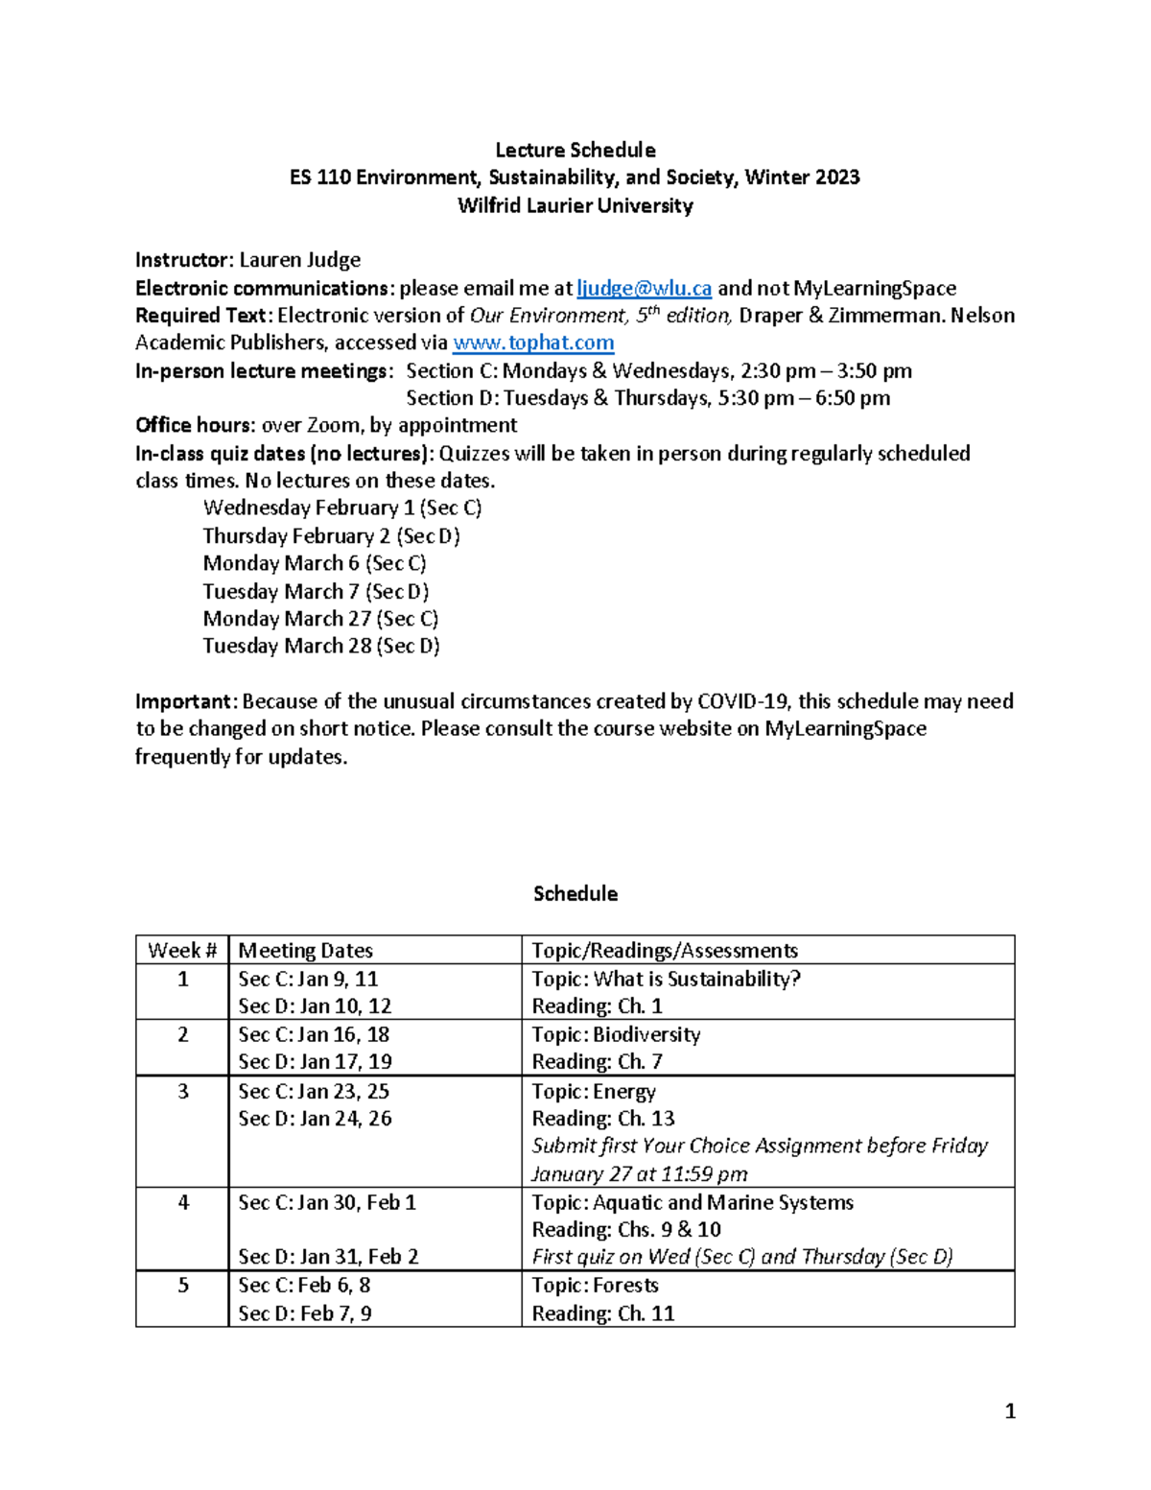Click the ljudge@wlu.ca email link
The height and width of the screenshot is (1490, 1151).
tap(644, 288)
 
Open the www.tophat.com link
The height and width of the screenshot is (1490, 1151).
tap(532, 343)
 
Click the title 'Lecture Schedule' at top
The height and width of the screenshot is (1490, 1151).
tap(575, 150)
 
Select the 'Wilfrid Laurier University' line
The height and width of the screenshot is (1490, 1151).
tap(575, 205)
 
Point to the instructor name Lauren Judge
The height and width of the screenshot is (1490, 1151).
tap(299, 260)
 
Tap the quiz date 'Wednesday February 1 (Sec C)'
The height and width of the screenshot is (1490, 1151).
tap(341, 508)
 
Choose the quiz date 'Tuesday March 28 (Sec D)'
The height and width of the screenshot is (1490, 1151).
tap(320, 646)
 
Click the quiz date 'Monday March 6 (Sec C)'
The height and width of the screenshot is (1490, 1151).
tap(314, 563)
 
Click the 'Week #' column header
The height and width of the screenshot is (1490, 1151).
tap(182, 950)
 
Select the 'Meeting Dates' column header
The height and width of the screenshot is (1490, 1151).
tap(305, 950)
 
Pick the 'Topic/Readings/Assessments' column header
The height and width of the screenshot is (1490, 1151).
tap(664, 950)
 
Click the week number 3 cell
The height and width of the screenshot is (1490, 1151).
tap(182, 1091)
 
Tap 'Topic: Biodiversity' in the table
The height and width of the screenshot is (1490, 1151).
tap(616, 1034)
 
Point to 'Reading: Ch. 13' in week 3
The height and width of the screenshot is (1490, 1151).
tap(602, 1119)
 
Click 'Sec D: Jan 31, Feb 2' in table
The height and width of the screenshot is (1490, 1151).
tap(328, 1257)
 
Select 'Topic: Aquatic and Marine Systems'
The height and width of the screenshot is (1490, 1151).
tap(692, 1202)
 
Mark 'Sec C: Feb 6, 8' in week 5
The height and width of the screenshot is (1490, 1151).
tap(304, 1286)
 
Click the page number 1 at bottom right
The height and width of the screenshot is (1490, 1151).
tap(1009, 1410)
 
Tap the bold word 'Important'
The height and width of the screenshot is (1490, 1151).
tap(183, 701)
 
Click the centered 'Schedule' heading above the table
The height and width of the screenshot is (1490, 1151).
tap(575, 893)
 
